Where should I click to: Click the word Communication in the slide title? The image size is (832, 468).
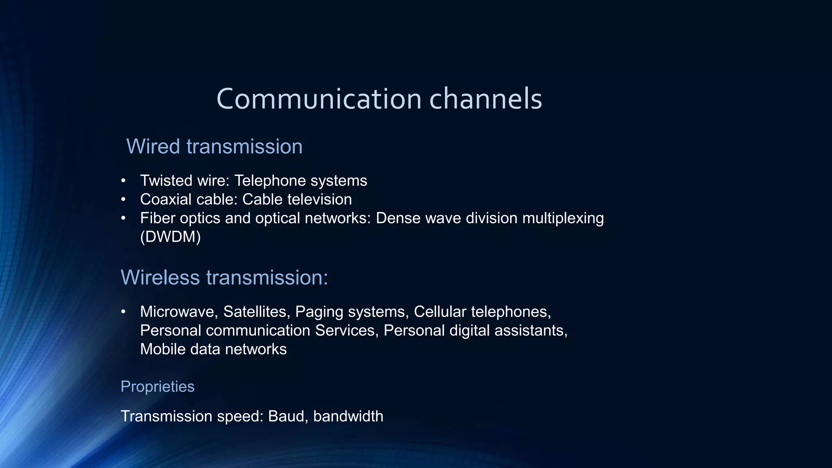[x=319, y=99]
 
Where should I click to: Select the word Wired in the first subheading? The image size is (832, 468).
[x=153, y=146]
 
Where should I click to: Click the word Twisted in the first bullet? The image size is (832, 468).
[x=166, y=180]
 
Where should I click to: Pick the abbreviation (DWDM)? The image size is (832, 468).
[x=170, y=237]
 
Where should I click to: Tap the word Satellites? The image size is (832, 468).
[x=257, y=312]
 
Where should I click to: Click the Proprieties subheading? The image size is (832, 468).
[x=158, y=387]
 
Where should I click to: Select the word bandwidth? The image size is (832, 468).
[x=348, y=416]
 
